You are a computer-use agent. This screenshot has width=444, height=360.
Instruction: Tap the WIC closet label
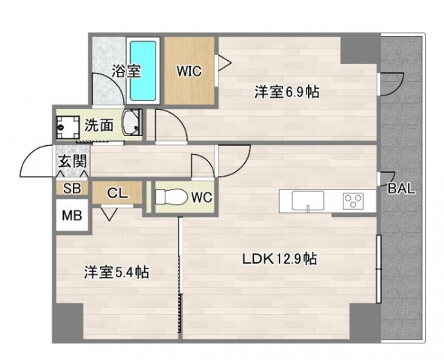coord(189,72)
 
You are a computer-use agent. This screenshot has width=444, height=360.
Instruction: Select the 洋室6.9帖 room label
coord(287,92)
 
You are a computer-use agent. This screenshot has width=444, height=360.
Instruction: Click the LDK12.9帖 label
coord(279,260)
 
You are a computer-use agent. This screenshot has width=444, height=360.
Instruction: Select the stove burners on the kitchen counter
coord(353,201)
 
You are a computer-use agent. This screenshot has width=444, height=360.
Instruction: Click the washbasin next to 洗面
coord(131,124)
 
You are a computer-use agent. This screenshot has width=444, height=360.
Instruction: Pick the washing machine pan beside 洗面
coord(71,126)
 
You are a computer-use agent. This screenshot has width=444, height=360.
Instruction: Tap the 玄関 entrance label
coord(71,161)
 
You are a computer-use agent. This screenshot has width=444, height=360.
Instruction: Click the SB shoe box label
coord(72,189)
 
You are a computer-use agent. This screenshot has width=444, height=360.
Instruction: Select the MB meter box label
coord(72,214)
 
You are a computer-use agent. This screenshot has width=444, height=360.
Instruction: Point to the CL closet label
coord(117,192)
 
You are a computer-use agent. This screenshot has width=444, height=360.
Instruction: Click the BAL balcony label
coord(402,189)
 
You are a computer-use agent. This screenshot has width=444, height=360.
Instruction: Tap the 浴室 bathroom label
coord(126,71)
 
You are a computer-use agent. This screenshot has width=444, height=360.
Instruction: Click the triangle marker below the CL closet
coord(110,215)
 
